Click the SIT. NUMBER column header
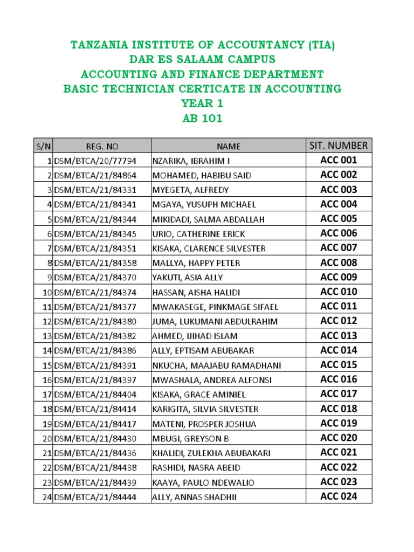(x=339, y=146)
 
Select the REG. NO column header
(x=102, y=146)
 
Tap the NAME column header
(x=229, y=146)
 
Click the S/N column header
(x=43, y=146)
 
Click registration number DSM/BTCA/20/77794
(x=95, y=161)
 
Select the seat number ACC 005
(x=339, y=219)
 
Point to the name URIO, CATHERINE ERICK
(x=198, y=234)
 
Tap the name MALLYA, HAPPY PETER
(x=196, y=263)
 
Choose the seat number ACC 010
(x=339, y=292)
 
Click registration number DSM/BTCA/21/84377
(x=95, y=307)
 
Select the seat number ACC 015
(x=339, y=365)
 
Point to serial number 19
(x=47, y=424)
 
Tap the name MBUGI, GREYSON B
(x=187, y=438)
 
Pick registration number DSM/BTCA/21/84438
(x=95, y=468)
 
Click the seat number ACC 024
(x=339, y=496)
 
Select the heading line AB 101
(x=202, y=118)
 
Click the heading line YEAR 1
(x=202, y=103)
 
